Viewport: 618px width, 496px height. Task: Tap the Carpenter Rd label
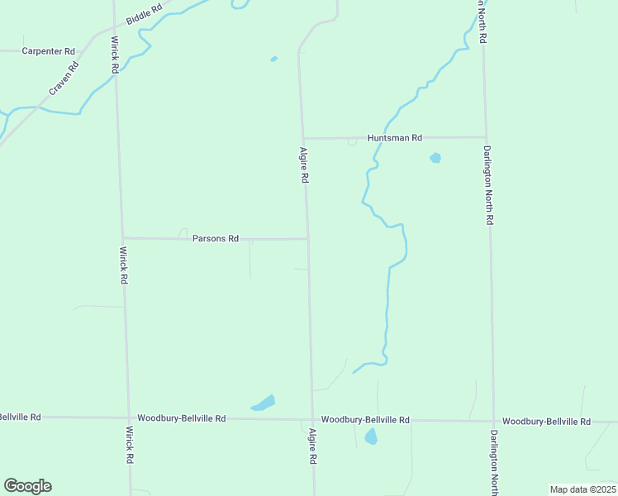[48, 51]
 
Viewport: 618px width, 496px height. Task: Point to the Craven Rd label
[63, 79]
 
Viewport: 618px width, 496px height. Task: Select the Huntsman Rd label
[395, 138]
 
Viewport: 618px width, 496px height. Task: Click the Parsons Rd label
[215, 238]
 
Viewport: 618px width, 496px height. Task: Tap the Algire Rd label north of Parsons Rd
[304, 165]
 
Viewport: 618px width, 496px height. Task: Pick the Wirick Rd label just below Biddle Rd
[115, 54]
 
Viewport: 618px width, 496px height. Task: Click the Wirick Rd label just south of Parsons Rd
[124, 265]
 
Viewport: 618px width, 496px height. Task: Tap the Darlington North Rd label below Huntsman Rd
[488, 186]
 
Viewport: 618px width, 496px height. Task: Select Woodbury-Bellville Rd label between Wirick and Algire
[182, 418]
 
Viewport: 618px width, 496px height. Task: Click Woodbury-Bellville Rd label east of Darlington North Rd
[546, 422]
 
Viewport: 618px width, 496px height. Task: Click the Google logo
[27, 486]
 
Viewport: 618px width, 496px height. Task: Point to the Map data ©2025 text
[582, 489]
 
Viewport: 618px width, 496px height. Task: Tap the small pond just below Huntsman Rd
[435, 157]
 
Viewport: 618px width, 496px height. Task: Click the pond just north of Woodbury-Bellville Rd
[264, 403]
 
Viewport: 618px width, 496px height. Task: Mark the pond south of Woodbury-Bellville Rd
[371, 436]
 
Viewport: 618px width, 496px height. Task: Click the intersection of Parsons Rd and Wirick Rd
[122, 238]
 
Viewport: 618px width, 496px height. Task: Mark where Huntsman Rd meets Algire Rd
[302, 138]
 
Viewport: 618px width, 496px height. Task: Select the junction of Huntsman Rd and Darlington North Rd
[485, 136]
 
